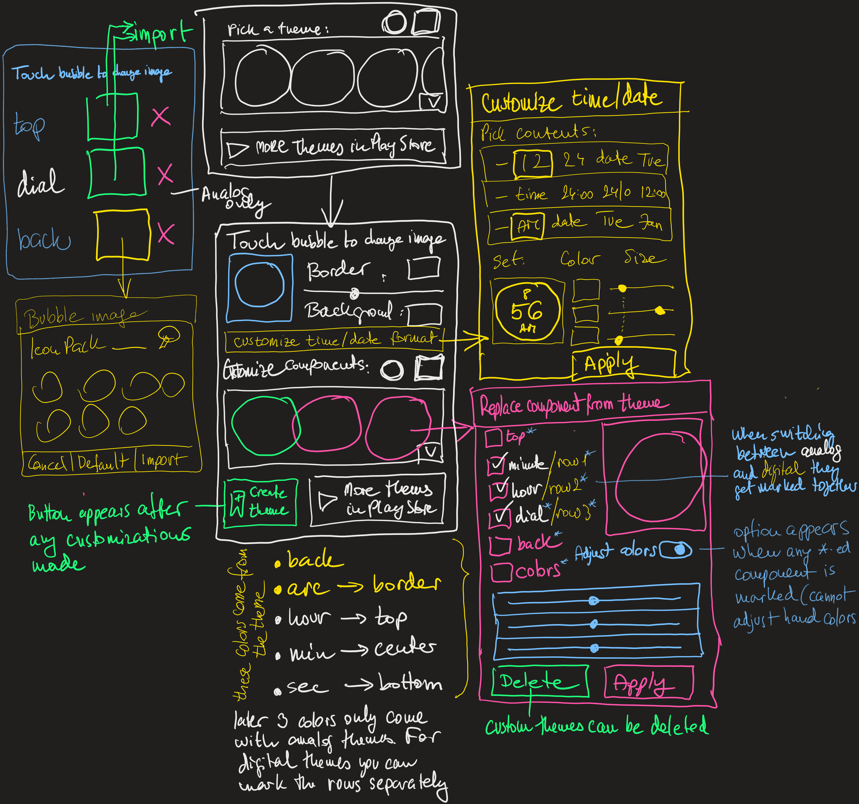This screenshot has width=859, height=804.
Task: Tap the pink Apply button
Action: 648,682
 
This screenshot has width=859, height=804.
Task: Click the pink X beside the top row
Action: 161,117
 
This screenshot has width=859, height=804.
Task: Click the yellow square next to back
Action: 123,235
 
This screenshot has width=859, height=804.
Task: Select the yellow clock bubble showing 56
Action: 527,311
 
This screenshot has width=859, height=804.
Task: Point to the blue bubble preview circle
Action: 259,285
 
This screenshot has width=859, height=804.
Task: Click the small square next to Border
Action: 423,268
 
